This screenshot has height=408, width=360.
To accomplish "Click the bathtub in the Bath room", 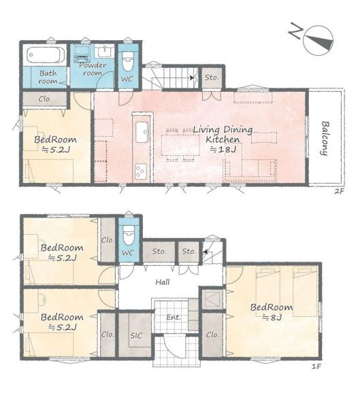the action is pyautogui.click(x=46, y=55).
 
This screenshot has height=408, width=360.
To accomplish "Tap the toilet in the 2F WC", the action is pyautogui.click(x=128, y=61).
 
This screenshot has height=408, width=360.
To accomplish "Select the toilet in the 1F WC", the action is pyautogui.click(x=128, y=235).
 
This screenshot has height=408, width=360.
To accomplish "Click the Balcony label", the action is pyautogui.click(x=325, y=138).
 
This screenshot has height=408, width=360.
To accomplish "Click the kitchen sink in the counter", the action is pyautogui.click(x=142, y=132).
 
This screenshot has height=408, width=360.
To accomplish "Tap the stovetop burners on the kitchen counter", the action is pyautogui.click(x=141, y=171).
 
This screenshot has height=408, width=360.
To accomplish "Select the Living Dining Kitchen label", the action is pyautogui.click(x=223, y=134).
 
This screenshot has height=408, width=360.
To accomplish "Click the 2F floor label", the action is pyautogui.click(x=339, y=191).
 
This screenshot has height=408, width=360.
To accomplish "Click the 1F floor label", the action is pyautogui.click(x=316, y=367).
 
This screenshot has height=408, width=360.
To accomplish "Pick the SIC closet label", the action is pyautogui.click(x=136, y=335).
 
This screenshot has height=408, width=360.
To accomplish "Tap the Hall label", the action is pyautogui.click(x=163, y=282).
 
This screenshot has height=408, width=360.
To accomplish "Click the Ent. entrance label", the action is pyautogui.click(x=174, y=317).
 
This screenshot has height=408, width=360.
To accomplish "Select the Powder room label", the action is pyautogui.click(x=93, y=69).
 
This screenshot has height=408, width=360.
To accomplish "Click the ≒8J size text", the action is pyautogui.click(x=272, y=318).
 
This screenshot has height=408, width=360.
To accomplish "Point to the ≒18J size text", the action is pyautogui.click(x=223, y=150).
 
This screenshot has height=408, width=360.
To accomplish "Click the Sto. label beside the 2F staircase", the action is pyautogui.click(x=211, y=78).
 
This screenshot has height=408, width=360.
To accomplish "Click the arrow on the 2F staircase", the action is pyautogui.click(x=192, y=78).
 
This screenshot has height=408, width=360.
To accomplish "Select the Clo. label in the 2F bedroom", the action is pyautogui.click(x=45, y=99).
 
